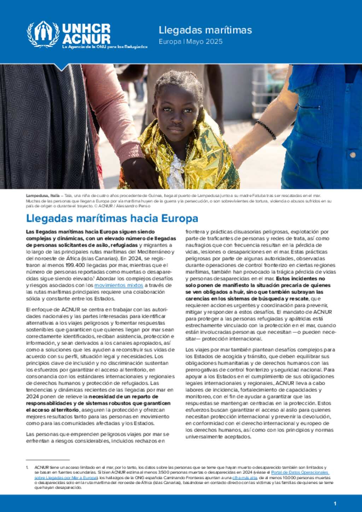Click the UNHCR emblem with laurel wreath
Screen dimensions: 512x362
tap(43, 34)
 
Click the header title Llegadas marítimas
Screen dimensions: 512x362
tap(205, 30)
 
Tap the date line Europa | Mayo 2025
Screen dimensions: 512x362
tap(191, 41)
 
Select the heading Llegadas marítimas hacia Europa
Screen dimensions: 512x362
tap(112, 218)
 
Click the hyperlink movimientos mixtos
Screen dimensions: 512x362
tap(118, 285)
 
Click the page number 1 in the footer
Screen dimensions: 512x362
tap(335, 504)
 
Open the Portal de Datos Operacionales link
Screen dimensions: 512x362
tap(300, 472)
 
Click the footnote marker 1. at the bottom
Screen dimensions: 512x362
tap(27, 467)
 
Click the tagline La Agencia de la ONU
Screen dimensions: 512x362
tap(105, 47)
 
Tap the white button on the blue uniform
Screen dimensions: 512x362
tap(352, 155)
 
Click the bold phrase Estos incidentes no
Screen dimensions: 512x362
tap(300, 278)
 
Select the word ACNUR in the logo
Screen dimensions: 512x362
tap(86, 39)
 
